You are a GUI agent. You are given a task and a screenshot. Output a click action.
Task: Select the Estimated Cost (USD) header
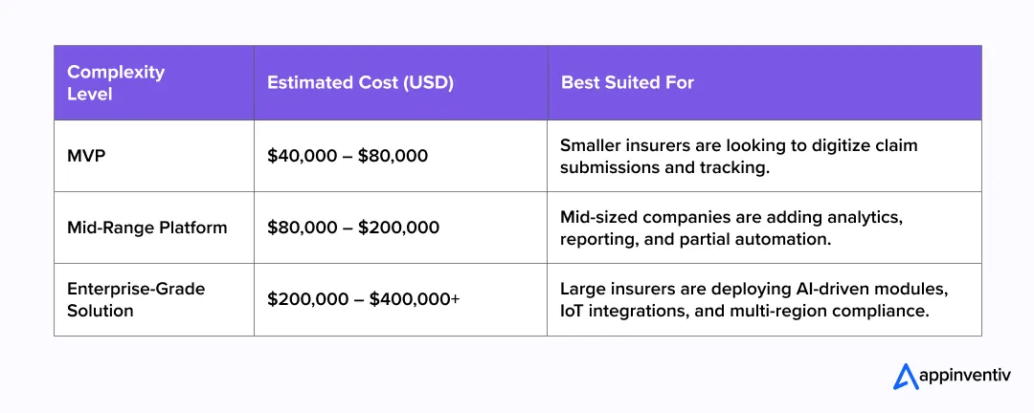pos(360,83)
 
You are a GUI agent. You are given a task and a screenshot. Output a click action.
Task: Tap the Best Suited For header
pos(627,83)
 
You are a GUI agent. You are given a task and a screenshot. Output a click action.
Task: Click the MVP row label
pos(86,156)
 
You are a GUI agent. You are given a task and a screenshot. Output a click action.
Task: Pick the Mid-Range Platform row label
pos(147,228)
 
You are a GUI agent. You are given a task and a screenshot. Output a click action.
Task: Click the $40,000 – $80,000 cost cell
pos(348,156)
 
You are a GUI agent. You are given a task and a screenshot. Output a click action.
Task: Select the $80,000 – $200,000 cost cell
pos(353,228)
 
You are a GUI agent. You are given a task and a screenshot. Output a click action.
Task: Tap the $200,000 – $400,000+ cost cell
pos(364,299)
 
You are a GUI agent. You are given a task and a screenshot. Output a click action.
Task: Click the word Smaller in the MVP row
pos(590,145)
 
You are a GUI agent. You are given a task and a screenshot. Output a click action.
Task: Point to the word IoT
pos(574,310)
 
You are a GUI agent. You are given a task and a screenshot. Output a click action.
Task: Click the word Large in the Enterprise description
pos(581,289)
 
